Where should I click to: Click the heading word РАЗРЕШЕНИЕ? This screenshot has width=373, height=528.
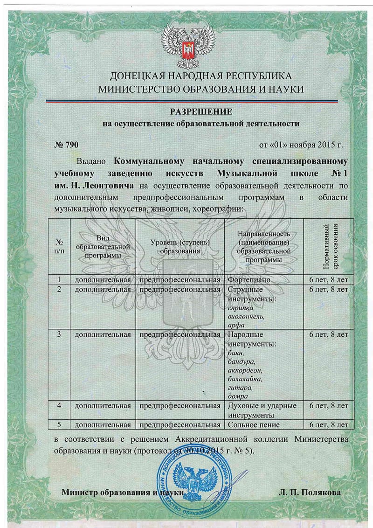pyautogui.click(x=200, y=112)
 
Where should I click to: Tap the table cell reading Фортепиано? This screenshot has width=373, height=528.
pyautogui.click(x=249, y=280)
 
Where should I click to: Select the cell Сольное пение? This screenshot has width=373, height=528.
pyautogui.click(x=254, y=424)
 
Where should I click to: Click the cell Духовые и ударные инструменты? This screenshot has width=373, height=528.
pyautogui.click(x=262, y=410)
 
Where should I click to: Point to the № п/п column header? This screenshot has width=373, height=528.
pyautogui.click(x=60, y=246)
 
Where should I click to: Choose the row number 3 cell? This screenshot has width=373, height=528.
pyautogui.click(x=59, y=334)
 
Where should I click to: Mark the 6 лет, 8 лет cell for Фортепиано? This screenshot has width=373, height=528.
pyautogui.click(x=329, y=280)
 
